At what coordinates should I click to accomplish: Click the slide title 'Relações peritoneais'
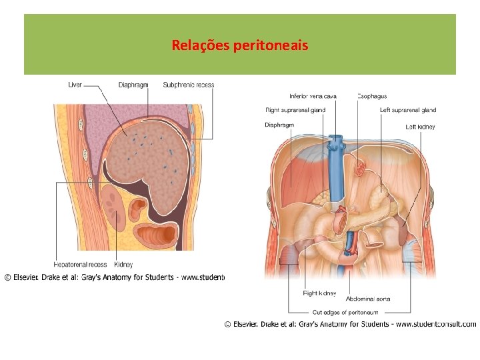tap(240, 45)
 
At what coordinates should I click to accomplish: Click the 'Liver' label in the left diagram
tap(75, 85)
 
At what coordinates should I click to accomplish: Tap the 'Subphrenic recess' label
tap(189, 85)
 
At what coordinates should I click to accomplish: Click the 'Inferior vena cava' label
tap(313, 96)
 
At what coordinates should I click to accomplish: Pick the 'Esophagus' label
tap(372, 96)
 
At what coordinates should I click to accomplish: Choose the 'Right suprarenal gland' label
tap(295, 110)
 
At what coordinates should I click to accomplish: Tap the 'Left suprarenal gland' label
tap(407, 110)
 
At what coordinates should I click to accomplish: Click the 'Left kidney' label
tap(420, 126)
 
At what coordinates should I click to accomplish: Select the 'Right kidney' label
tap(319, 293)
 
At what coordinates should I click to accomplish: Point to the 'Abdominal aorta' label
tap(368, 299)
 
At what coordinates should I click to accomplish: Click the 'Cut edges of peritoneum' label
tap(345, 312)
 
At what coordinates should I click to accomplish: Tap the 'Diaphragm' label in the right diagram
tap(279, 125)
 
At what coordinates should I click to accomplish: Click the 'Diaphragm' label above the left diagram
tap(133, 85)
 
